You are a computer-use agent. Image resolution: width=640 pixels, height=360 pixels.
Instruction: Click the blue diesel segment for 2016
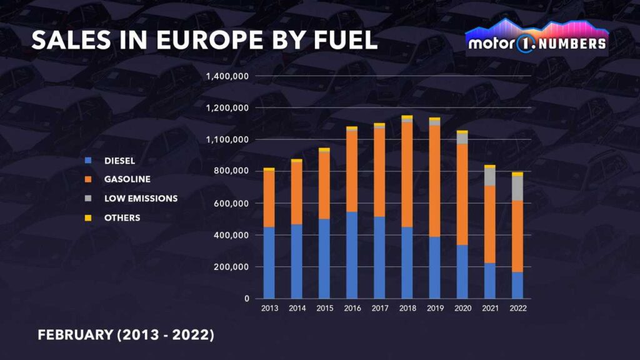click(x=352, y=255)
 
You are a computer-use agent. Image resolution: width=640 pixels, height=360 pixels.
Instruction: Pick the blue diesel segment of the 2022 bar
click(x=517, y=285)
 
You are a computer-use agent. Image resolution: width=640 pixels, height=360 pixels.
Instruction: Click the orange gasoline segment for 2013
click(x=269, y=198)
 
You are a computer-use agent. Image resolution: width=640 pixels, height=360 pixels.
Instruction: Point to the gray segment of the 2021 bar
click(x=489, y=177)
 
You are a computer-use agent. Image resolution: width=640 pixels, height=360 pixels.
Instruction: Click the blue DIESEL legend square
click(x=89, y=161)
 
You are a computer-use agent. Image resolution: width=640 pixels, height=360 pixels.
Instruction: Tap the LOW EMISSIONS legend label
click(x=141, y=199)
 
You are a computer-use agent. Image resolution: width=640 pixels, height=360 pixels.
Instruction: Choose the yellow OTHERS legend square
click(x=89, y=218)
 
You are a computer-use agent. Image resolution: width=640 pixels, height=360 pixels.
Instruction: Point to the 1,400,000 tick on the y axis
click(x=227, y=76)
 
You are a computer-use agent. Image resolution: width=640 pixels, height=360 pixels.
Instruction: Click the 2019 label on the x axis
click(x=434, y=309)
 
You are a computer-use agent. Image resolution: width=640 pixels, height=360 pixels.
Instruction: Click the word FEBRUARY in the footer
click(x=76, y=335)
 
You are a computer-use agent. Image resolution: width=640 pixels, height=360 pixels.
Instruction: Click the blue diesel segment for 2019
click(x=434, y=267)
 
